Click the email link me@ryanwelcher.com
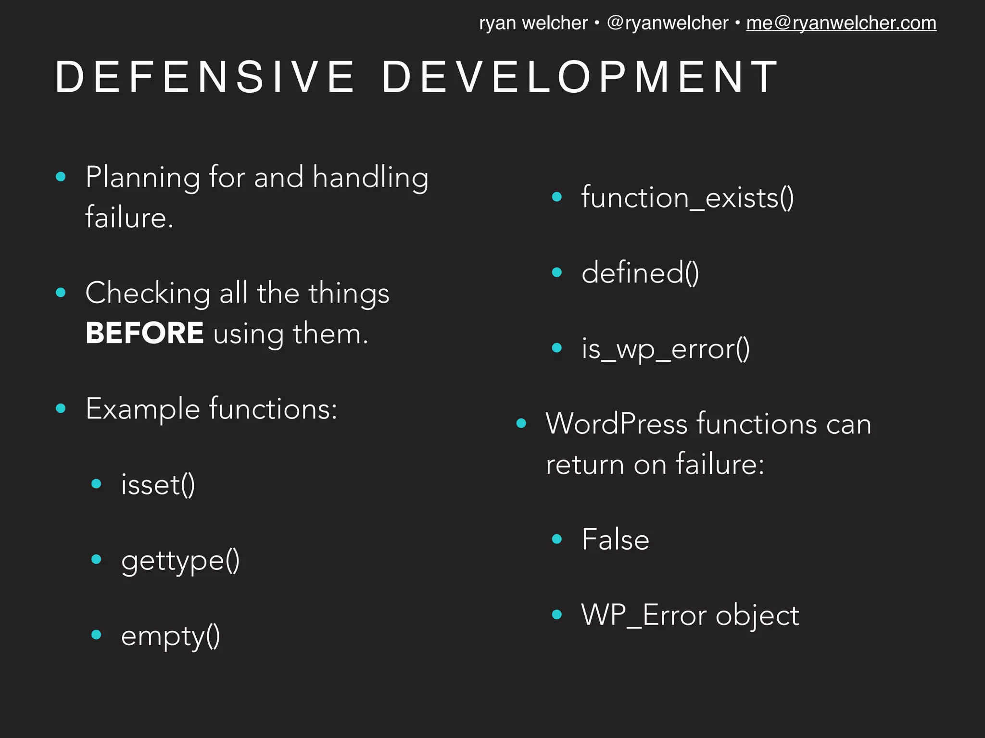point(841,23)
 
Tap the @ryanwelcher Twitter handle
point(668,23)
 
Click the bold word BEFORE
point(144,333)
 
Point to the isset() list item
point(158,484)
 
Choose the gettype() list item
point(180,560)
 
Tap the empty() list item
point(170,636)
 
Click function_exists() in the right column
point(687,197)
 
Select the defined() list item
point(640,273)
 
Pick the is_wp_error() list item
point(665,348)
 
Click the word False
point(615,539)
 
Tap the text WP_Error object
point(690,615)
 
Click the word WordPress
point(617,424)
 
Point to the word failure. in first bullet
point(129,217)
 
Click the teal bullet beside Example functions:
point(61,408)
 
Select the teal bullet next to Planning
point(61,177)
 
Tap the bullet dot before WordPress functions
point(521,423)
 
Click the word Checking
point(148,293)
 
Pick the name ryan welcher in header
point(533,23)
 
